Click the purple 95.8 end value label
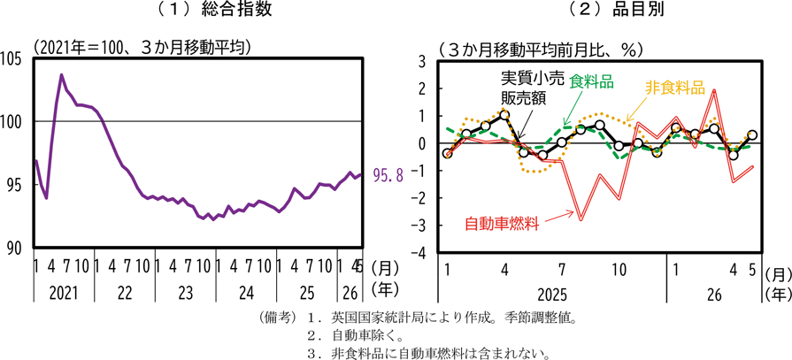388,175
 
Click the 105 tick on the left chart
12,59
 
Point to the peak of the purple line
62,74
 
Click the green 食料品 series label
591,80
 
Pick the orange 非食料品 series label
675,88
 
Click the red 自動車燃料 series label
501,223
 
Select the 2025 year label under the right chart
552,294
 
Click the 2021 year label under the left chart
64,293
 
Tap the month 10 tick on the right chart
619,270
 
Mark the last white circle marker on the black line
752,134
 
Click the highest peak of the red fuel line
714,90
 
